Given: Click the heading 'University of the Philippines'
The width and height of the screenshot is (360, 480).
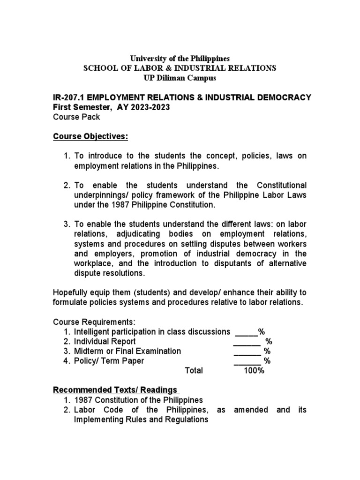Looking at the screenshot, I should [180, 59].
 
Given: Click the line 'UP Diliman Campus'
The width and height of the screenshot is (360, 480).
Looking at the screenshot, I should [180, 78].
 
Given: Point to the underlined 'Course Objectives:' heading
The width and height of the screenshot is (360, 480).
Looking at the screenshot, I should [90, 136].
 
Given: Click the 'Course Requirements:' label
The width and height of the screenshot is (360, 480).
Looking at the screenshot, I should [94, 322].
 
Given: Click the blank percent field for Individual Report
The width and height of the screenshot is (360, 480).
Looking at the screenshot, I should [247, 341].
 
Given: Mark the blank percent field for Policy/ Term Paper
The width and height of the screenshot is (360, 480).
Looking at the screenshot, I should [247, 360].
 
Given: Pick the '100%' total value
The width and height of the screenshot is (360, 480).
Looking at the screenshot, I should [254, 370].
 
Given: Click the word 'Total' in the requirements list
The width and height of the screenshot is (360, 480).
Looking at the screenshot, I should [194, 370].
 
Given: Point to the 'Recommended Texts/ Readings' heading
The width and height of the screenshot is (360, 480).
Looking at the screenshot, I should [115, 390].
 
